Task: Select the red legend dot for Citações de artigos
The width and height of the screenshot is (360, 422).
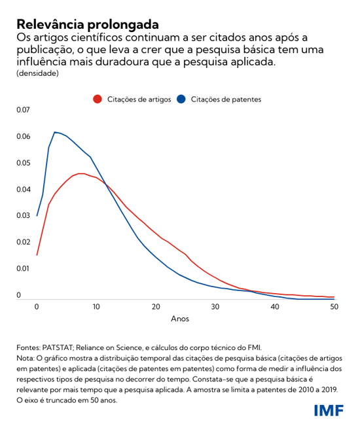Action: coord(98,99)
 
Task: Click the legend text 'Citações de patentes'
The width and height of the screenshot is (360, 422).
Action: coord(226,99)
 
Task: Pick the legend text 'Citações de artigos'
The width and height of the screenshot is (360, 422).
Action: coord(139,99)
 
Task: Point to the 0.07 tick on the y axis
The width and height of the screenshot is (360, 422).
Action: coord(24,110)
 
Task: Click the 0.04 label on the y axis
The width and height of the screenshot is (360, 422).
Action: coord(24,189)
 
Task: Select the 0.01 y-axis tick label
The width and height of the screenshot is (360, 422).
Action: coord(24,268)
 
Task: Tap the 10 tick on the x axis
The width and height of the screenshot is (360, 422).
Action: coord(96,306)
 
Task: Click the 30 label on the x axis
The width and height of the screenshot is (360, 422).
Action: coord(215,306)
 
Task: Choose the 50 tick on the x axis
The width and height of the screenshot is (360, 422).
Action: coord(334,306)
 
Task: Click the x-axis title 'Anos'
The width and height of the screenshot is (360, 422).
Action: coord(180,319)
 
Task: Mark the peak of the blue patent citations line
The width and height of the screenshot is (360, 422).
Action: coord(55,132)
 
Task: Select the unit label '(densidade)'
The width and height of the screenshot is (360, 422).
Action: coord(37,73)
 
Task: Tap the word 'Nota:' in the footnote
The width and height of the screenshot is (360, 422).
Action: coord(27,359)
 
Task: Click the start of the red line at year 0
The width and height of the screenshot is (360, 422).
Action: coord(37,255)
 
